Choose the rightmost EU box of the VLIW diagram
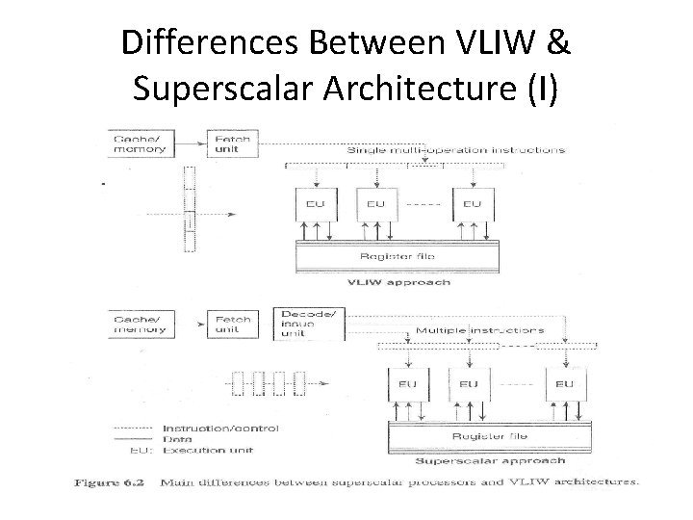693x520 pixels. coord(472,204)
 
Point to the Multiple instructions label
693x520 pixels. coord(478,330)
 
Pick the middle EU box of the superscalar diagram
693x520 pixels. coord(468,383)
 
